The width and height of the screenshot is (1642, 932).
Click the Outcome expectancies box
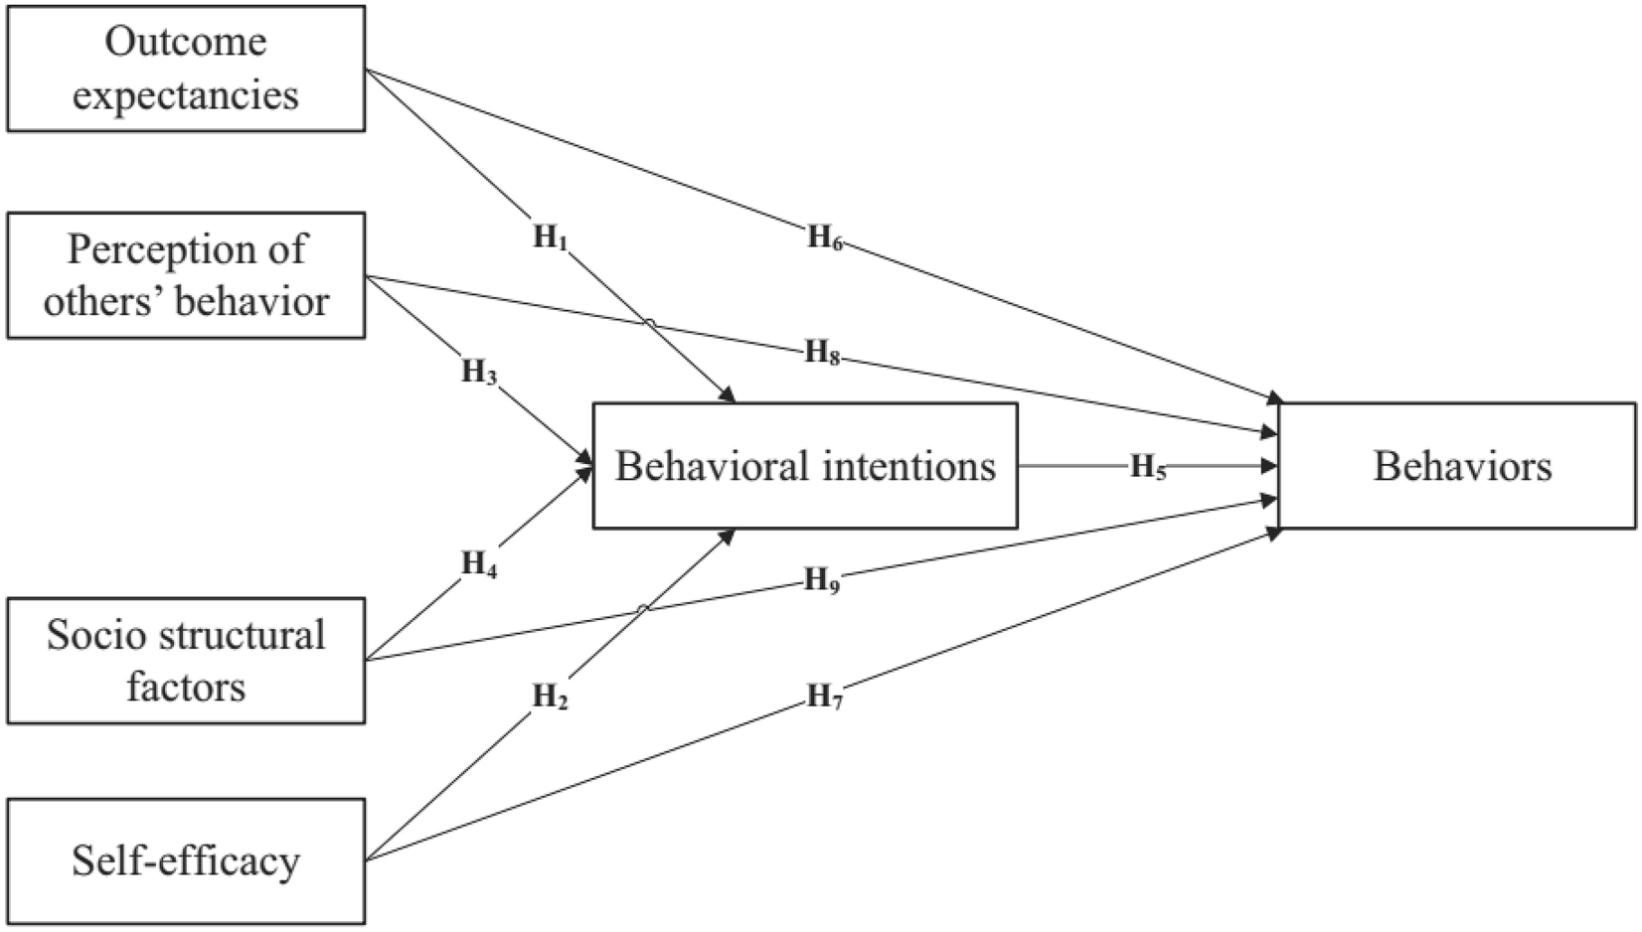(x=186, y=68)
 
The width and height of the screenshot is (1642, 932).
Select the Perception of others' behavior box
(x=186, y=275)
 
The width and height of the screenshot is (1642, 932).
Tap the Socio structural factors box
(x=186, y=661)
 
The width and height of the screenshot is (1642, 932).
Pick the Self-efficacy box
(x=186, y=861)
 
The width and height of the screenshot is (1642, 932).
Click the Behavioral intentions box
(x=805, y=466)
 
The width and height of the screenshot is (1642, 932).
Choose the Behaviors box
(x=1457, y=466)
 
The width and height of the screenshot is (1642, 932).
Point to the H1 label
(x=550, y=237)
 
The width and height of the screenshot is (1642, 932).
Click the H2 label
(x=550, y=697)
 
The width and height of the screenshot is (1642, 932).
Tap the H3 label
(x=478, y=373)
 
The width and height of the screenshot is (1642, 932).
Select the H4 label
(x=478, y=564)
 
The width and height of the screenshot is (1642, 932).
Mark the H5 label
(x=1147, y=467)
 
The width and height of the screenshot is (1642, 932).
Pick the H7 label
(x=824, y=697)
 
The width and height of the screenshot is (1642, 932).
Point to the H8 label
(x=822, y=352)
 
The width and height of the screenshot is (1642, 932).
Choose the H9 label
(x=822, y=579)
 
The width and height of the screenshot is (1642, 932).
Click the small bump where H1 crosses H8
(x=649, y=323)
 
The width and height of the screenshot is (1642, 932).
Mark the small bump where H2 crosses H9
(x=643, y=608)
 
